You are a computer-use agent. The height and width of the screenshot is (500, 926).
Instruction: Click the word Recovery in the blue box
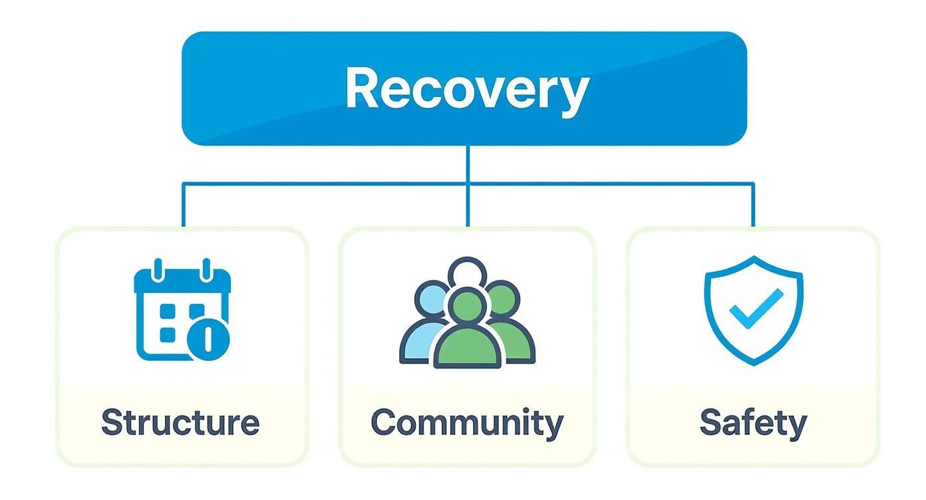[x=467, y=89]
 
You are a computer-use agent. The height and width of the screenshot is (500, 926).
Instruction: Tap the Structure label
[x=180, y=423]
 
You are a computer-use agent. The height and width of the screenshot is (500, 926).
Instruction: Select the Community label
[x=467, y=423]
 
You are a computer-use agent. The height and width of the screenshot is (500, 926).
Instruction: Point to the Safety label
[x=753, y=423]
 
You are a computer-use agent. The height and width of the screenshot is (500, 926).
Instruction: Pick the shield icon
[x=753, y=310]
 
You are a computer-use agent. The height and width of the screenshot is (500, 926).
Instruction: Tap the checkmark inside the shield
[x=755, y=307]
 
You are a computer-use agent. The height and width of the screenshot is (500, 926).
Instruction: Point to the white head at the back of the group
[x=467, y=273]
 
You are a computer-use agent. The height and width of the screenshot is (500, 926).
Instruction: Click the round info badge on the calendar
[x=208, y=338]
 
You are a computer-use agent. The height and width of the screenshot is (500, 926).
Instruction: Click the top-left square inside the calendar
[x=168, y=311]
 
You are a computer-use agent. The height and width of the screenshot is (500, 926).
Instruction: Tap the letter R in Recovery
[x=365, y=89]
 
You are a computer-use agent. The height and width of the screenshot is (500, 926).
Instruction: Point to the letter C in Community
[x=385, y=423]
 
